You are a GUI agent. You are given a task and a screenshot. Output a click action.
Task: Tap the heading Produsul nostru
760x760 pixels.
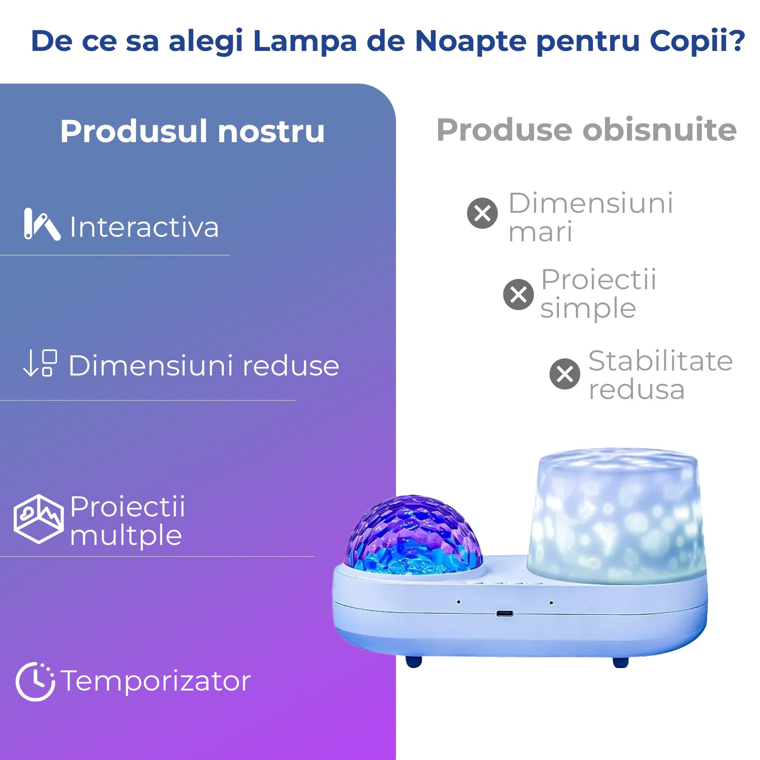pyautogui.click(x=192, y=131)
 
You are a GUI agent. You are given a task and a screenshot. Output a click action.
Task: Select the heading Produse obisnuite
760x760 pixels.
pyautogui.click(x=586, y=130)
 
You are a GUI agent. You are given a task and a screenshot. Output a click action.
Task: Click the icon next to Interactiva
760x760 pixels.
pyautogui.click(x=42, y=224)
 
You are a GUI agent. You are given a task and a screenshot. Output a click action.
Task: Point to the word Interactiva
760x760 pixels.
pyautogui.click(x=144, y=227)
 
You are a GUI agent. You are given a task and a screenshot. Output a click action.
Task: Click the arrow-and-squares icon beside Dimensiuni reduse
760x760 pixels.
pyautogui.click(x=40, y=363)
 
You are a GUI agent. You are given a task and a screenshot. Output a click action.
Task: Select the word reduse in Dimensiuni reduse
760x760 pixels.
pyautogui.click(x=291, y=366)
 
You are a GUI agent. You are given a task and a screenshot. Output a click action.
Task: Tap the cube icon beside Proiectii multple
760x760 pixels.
pyautogui.click(x=38, y=519)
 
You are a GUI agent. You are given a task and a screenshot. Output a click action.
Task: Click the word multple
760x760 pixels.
pyautogui.click(x=126, y=536)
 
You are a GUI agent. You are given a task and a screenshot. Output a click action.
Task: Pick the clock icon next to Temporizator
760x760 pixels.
pyautogui.click(x=35, y=682)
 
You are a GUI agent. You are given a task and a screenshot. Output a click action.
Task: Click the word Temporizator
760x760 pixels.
pyautogui.click(x=156, y=681)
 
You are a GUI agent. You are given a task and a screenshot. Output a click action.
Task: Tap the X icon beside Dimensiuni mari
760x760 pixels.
pyautogui.click(x=482, y=213)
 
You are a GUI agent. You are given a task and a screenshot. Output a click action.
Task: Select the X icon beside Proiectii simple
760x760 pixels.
pyautogui.click(x=518, y=294)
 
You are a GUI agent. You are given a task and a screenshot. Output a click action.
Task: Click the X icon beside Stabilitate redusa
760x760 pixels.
pyautogui.click(x=565, y=374)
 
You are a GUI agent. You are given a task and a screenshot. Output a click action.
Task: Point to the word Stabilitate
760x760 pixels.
pyautogui.click(x=660, y=361)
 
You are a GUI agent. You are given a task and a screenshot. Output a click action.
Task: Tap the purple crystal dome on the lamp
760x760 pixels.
pyautogui.click(x=413, y=535)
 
